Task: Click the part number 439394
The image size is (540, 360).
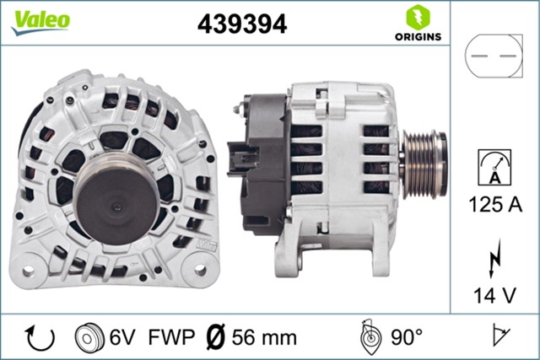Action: coord(242,24)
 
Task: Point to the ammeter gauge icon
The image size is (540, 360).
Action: coord(494,165)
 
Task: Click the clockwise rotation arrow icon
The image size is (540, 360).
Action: coord(39,337)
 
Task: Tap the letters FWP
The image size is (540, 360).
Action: coord(165,338)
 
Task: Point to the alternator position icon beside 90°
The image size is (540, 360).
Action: coord(368,337)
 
